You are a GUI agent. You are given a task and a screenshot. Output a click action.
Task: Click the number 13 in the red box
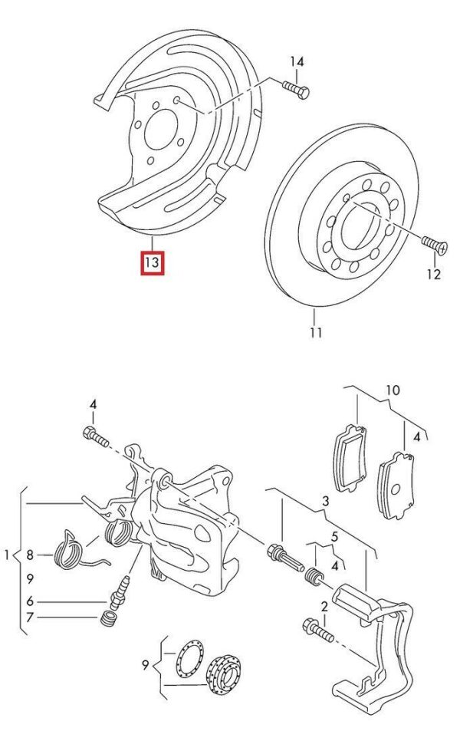[152, 264]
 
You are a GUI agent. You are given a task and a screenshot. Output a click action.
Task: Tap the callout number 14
[297, 61]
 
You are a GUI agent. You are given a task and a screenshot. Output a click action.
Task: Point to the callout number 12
[434, 274]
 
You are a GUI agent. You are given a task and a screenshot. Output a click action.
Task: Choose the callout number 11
[316, 332]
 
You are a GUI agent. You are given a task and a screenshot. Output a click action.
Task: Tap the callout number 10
[392, 390]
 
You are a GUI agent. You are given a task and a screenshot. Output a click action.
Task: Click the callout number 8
[30, 554]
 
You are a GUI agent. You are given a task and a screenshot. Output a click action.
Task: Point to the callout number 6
[30, 602]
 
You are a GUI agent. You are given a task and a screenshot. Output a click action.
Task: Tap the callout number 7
[30, 617]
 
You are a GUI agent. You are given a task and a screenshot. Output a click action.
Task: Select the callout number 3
[325, 501]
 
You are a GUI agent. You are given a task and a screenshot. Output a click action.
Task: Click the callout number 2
[324, 607]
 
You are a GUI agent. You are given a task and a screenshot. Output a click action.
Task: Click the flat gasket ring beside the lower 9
[187, 661]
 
